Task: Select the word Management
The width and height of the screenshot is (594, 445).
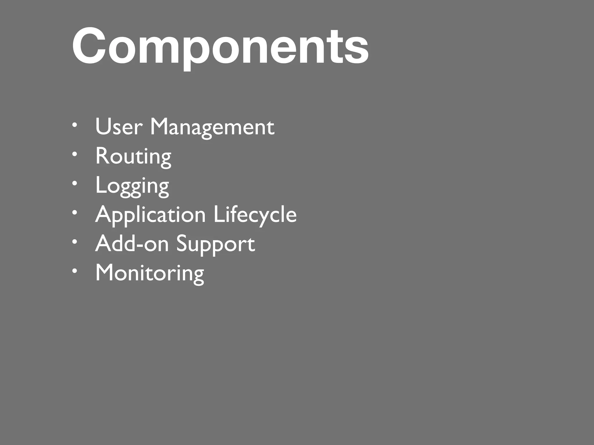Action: point(212,127)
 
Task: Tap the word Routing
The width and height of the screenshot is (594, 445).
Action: point(133,156)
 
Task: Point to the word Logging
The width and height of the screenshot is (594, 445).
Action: point(132,186)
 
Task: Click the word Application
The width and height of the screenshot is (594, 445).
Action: point(150,215)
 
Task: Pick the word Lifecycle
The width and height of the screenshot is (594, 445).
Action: point(255,215)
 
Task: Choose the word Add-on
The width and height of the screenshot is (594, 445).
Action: point(132,244)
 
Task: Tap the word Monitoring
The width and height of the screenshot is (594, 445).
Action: point(150,273)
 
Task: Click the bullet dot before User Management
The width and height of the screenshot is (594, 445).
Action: point(75,125)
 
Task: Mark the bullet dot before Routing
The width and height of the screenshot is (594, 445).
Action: point(75,154)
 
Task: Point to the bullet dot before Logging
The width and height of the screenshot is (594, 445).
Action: point(75,183)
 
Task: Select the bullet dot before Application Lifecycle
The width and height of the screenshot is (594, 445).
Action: point(75,213)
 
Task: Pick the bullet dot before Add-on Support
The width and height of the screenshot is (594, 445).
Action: point(75,242)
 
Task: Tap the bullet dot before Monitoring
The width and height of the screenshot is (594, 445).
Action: point(75,271)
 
